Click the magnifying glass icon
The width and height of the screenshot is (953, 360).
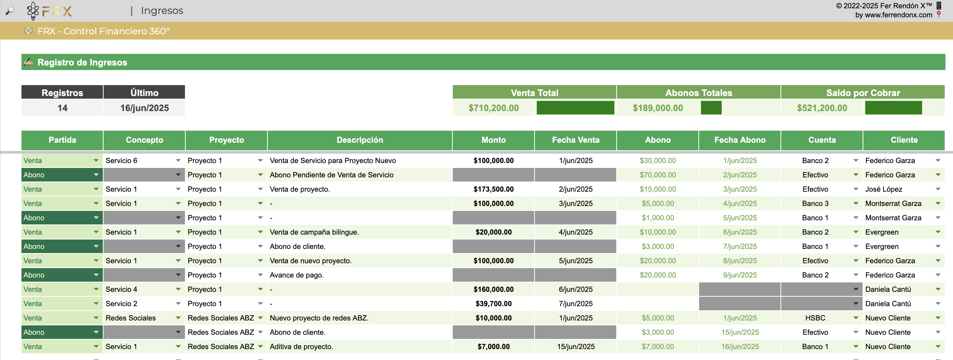point(10,11)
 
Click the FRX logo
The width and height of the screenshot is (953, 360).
point(49,11)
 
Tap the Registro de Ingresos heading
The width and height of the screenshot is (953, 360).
point(82,63)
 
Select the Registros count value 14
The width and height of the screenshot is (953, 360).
point(63,108)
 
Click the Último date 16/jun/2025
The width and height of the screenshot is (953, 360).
point(145,108)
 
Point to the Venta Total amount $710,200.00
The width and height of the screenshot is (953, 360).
point(493,108)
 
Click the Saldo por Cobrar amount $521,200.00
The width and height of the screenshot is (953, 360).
point(822,108)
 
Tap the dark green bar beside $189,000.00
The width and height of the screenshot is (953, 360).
point(711,108)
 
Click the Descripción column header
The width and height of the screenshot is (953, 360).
point(360,140)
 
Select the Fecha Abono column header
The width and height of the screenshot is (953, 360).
point(740,140)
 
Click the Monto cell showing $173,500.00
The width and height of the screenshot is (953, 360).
point(493,189)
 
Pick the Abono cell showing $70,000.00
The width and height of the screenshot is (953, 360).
point(658,175)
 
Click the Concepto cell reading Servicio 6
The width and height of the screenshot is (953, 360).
point(121,160)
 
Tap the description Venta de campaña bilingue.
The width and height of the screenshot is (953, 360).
point(314,232)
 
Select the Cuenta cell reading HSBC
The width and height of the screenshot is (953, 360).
point(815,318)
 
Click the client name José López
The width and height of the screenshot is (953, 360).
point(884,189)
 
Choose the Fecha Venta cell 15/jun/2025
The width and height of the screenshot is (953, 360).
point(576,346)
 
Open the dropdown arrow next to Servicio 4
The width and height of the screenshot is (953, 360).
point(178,289)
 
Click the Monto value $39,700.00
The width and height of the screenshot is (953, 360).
point(493,304)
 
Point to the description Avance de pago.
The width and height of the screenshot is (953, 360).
point(297,275)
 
